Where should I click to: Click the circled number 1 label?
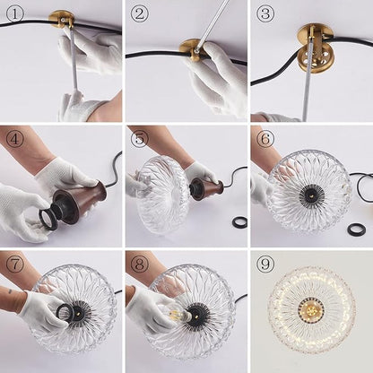pos(14,14)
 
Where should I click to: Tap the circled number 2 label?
pos(139,14)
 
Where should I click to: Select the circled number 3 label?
pos(265,14)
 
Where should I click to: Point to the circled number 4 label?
pos(14,139)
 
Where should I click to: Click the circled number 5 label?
pos(139,139)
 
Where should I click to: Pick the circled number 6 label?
pos(265,139)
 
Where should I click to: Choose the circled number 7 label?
pos(14,265)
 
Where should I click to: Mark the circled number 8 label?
pos(139,265)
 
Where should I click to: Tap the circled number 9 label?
pos(265,265)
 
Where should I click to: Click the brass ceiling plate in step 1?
pos(62,19)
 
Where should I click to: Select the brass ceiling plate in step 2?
pos(191,49)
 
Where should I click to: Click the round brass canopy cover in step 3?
pos(311,59)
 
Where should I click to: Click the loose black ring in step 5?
pos(239,222)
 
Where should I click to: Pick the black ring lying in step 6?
pos(356,229)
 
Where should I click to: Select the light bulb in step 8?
pos(177,313)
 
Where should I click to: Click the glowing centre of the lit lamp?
pos(311,307)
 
